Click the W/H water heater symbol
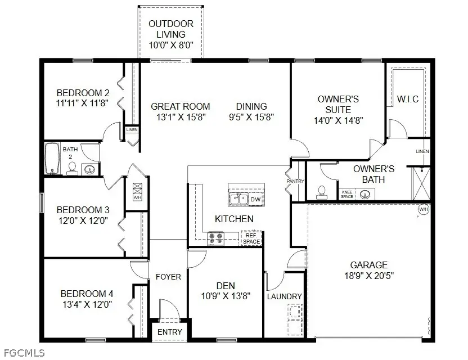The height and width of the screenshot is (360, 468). pyautogui.click(x=423, y=210)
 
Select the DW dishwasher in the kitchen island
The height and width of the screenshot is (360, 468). pyautogui.click(x=255, y=199)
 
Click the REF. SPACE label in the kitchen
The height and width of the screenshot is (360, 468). pyautogui.click(x=251, y=238)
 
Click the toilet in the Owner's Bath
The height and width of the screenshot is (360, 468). pyautogui.click(x=322, y=192)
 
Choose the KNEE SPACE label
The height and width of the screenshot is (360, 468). pyautogui.click(x=347, y=194)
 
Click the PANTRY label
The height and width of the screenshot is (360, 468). pyautogui.click(x=295, y=181)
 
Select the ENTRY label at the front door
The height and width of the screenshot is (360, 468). pyautogui.click(x=169, y=332)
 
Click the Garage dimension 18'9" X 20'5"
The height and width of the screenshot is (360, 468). pyautogui.click(x=369, y=276)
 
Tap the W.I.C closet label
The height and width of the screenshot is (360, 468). pyautogui.click(x=408, y=99)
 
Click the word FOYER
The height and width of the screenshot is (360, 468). pyautogui.click(x=169, y=277)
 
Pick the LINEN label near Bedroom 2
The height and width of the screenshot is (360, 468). pyautogui.click(x=132, y=130)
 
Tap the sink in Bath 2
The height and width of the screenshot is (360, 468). pyautogui.click(x=88, y=168)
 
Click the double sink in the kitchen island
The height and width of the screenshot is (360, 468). pyautogui.click(x=238, y=199)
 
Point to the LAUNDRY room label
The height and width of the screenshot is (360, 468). pyautogui.click(x=285, y=296)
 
